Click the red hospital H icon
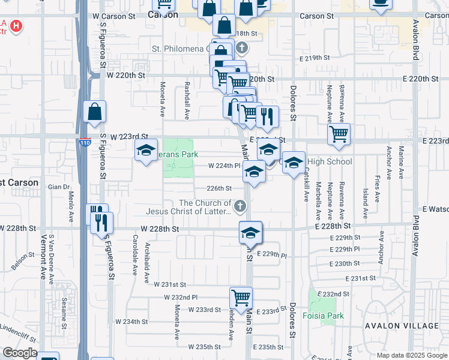pos(16,26)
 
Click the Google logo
pos(19,353)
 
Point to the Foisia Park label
pos(323,316)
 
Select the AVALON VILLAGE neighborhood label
pos(397,325)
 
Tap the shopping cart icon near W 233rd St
pos(241,296)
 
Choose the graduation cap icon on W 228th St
pos(250,232)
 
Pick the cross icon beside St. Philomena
pos(241,48)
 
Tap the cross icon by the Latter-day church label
pos(240,207)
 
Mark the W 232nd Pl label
pos(181,298)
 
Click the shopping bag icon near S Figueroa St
pos(95,112)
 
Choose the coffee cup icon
pos(380,3)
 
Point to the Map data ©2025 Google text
pos(411,355)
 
